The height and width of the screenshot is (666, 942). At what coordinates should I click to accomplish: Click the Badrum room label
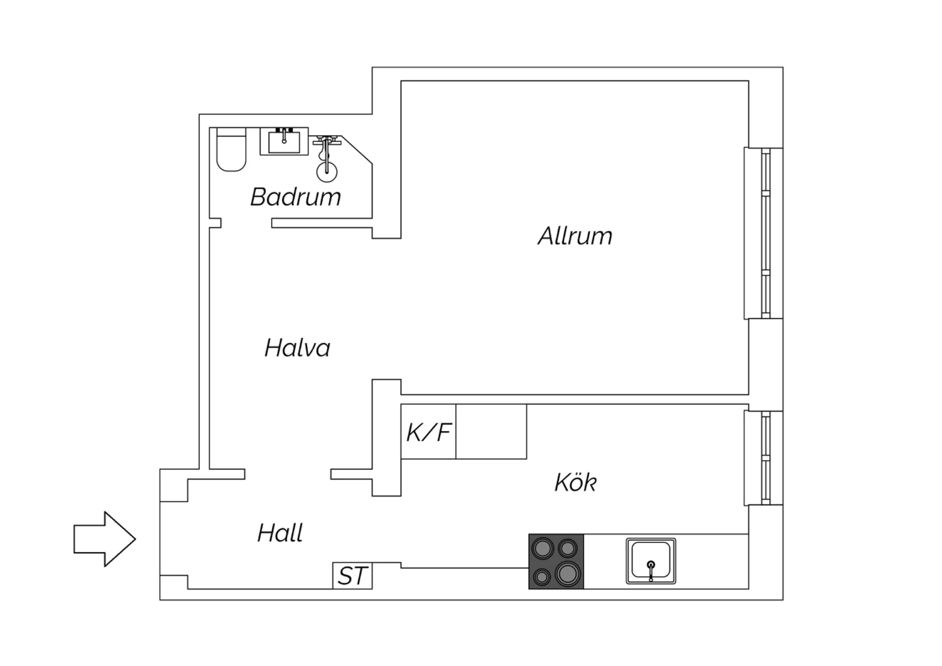click(x=296, y=197)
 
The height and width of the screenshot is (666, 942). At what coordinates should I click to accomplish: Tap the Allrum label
click(x=575, y=236)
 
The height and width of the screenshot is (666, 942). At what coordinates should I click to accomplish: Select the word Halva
click(x=297, y=348)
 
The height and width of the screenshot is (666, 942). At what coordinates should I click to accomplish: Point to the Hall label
click(x=280, y=533)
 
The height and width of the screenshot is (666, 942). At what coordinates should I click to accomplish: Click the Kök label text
click(x=575, y=482)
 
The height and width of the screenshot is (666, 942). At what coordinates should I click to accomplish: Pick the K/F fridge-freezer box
click(x=428, y=432)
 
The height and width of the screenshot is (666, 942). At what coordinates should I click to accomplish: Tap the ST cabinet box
click(x=352, y=576)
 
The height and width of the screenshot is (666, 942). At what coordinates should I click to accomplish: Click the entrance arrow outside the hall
click(x=105, y=539)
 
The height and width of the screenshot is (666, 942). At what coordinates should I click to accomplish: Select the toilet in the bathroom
click(x=231, y=150)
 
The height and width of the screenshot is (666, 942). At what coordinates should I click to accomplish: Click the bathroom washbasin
click(x=284, y=141)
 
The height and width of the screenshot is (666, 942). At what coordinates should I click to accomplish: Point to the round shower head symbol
click(x=327, y=172)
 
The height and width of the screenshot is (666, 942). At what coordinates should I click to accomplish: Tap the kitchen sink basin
click(x=651, y=561)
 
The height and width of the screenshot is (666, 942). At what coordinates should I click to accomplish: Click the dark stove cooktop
click(x=556, y=561)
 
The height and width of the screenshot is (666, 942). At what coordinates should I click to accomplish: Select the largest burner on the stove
click(x=567, y=574)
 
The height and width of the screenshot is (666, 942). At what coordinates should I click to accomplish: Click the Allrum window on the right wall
click(x=764, y=233)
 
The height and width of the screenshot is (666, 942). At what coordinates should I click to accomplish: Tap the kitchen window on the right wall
click(x=764, y=458)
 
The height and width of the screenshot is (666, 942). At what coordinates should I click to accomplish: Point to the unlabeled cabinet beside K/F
click(x=491, y=432)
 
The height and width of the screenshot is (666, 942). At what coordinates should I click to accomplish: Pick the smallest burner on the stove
click(x=541, y=577)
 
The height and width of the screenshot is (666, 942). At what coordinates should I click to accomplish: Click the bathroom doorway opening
click(x=246, y=223)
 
